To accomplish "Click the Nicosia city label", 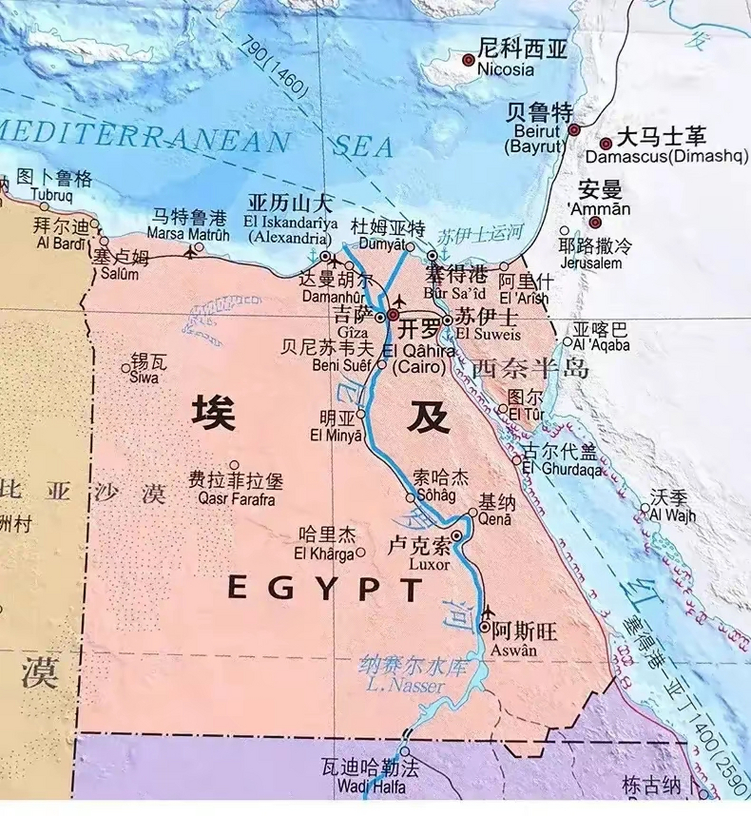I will [x=505, y=69].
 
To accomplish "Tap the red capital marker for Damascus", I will [x=606, y=144].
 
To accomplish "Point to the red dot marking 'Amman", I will [x=595, y=222].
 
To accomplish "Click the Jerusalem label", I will [x=591, y=262].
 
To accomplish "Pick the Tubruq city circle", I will [x=44, y=206].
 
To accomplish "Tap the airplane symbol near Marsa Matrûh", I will [x=190, y=253].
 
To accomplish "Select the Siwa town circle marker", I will [x=125, y=368].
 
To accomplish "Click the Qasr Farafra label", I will [x=236, y=499].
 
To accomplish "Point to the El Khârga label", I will [x=324, y=553].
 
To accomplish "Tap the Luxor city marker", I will [x=457, y=535].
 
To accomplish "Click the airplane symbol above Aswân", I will [x=489, y=613].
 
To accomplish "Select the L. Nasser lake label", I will [x=405, y=686].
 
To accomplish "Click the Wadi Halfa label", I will [x=371, y=786].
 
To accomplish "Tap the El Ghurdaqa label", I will [x=562, y=469].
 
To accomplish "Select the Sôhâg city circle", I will [x=411, y=497].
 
